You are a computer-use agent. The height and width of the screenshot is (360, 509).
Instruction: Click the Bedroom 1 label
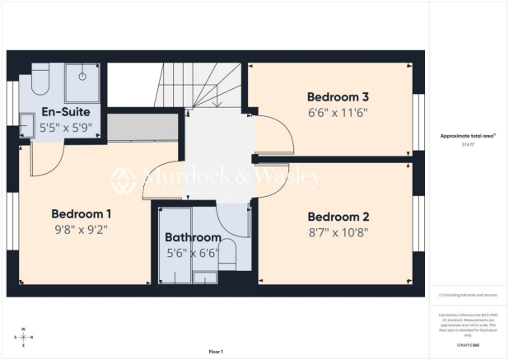[81, 213]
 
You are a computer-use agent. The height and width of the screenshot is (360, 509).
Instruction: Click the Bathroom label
[193, 240]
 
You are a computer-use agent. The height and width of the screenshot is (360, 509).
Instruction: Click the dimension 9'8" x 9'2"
[81, 230]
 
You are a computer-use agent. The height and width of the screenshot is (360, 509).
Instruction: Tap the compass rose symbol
[23, 337]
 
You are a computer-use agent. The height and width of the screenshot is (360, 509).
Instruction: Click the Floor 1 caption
[216, 352]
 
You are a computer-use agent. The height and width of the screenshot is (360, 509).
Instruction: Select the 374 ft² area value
[469, 142]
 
